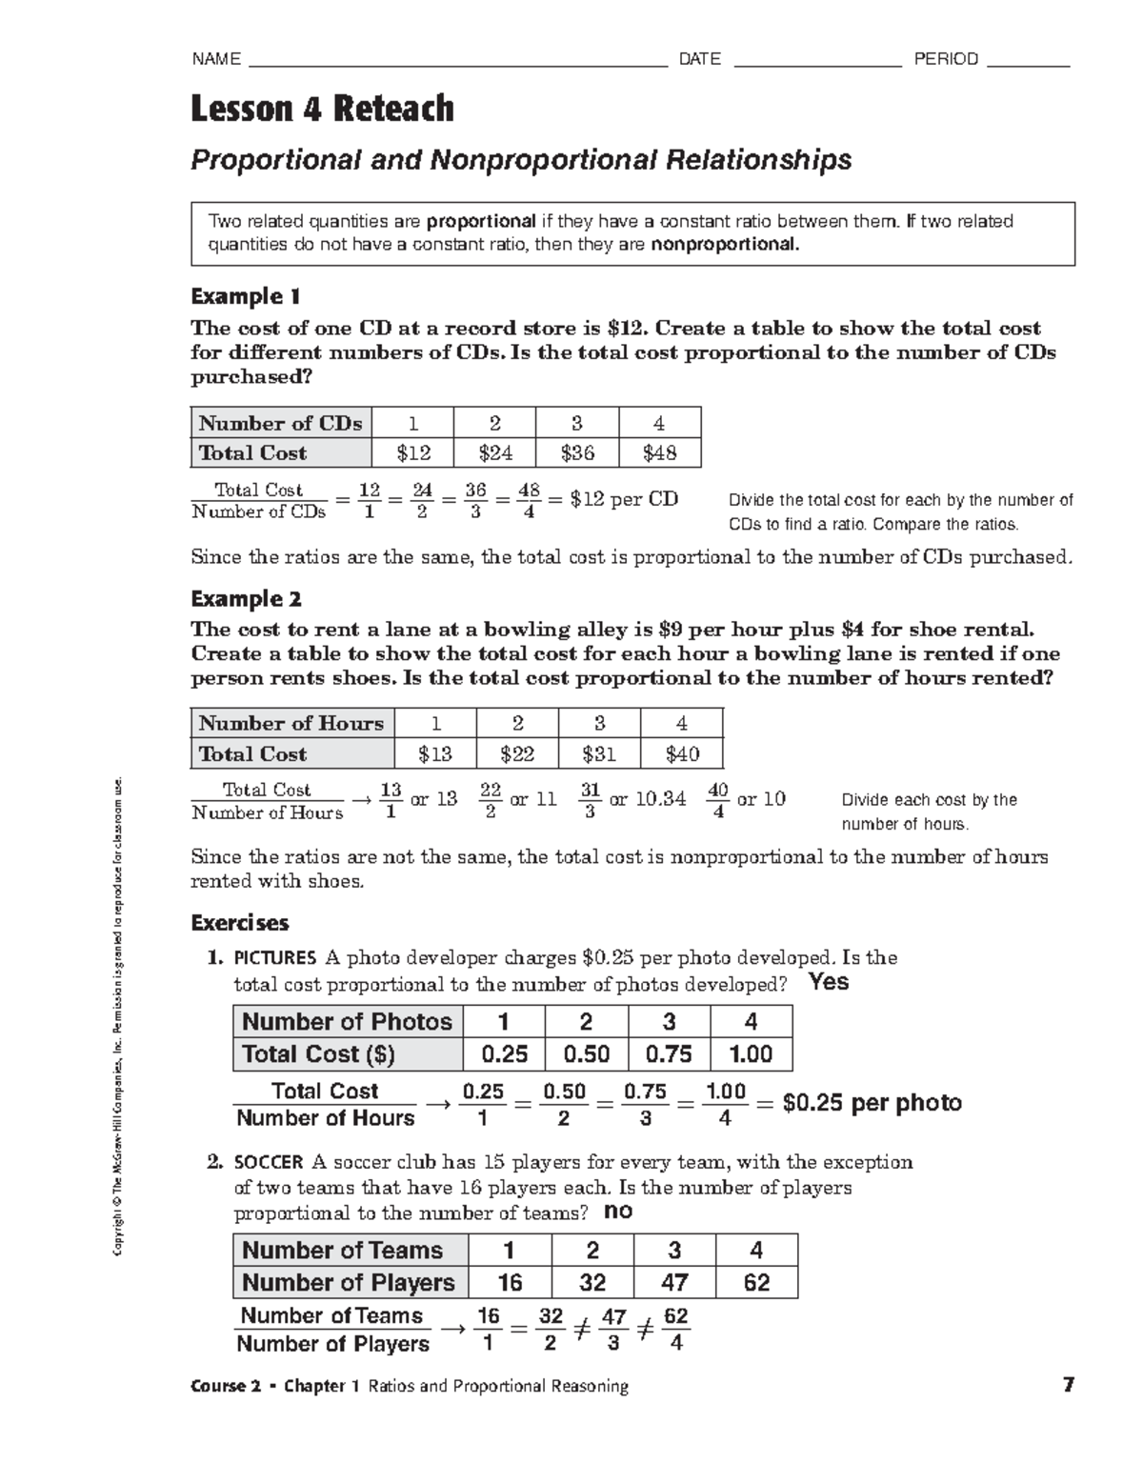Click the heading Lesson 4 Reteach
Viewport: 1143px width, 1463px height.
322,109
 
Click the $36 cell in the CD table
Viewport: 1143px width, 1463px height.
577,453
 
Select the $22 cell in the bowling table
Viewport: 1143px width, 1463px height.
517,754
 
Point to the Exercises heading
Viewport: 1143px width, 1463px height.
239,923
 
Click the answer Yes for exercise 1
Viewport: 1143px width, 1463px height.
828,982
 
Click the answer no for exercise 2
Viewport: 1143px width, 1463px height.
618,1212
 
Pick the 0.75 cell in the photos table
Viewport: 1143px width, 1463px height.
669,1054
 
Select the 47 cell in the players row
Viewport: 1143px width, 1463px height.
674,1283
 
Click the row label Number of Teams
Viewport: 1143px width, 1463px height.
342,1251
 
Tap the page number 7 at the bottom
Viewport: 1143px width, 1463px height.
1069,1385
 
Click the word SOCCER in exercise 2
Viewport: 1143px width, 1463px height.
269,1162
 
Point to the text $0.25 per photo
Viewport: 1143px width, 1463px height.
872,1103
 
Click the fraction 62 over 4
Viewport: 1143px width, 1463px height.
675,1330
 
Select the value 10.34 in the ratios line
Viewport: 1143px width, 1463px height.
660,799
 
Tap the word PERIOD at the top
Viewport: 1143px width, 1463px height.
946,59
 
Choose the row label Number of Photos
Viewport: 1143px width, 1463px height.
347,1022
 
